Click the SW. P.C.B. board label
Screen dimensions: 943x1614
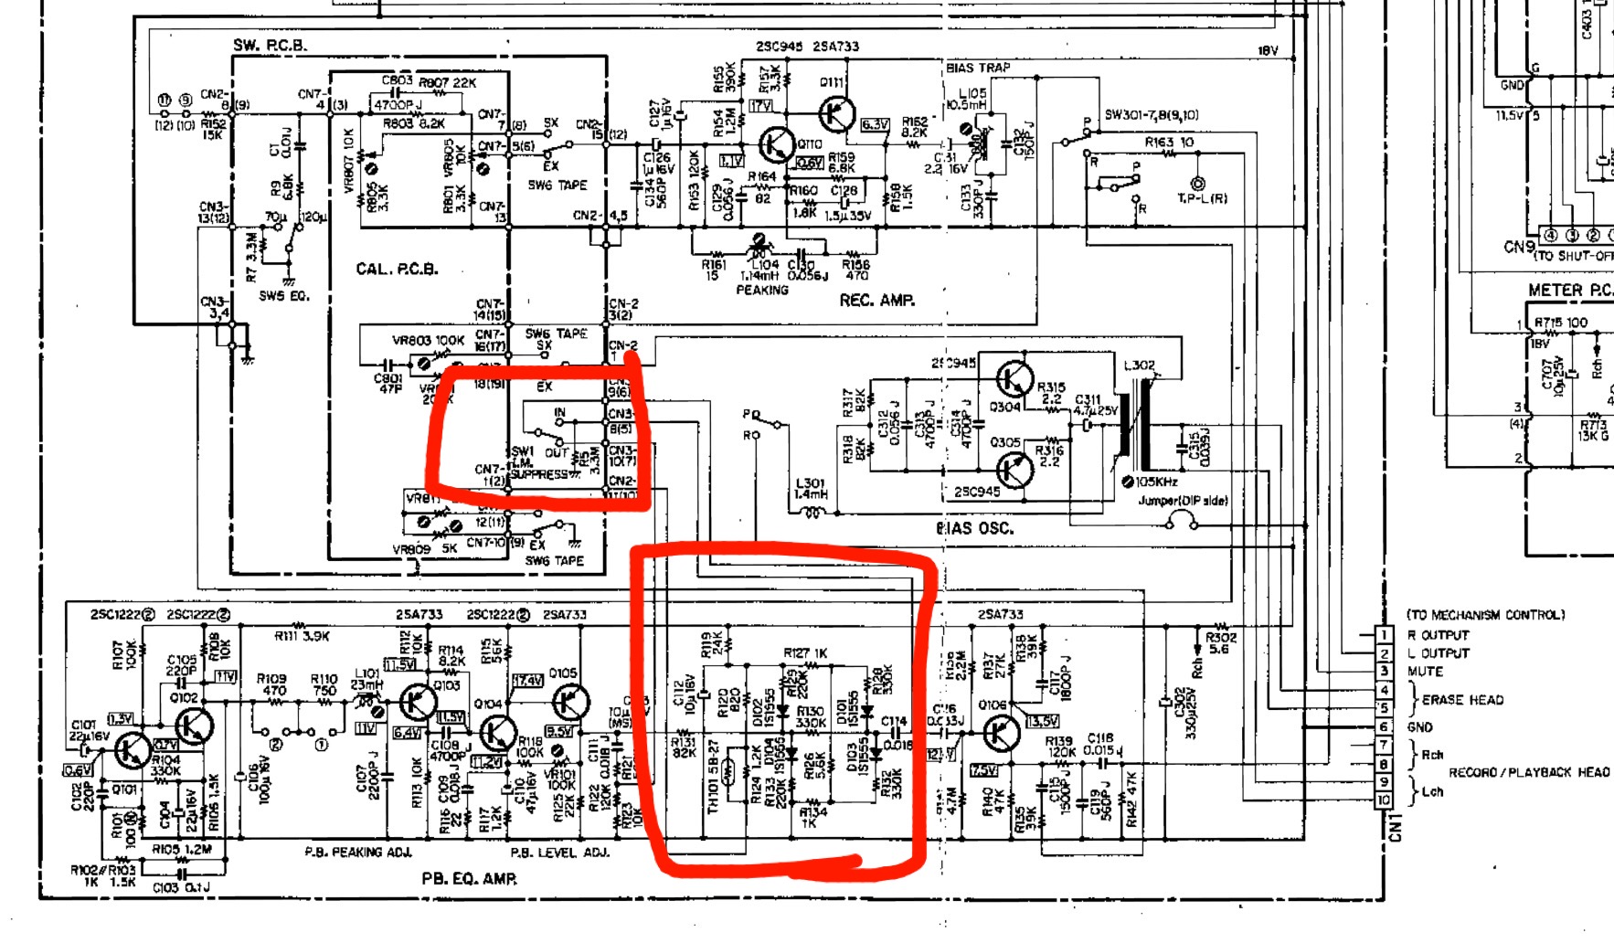click(270, 45)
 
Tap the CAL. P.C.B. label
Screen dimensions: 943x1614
click(397, 269)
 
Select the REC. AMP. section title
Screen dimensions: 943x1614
click(876, 300)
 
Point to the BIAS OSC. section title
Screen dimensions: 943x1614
click(974, 528)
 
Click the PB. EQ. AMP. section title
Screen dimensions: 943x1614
click(469, 879)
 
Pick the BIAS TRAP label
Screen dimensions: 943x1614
click(978, 68)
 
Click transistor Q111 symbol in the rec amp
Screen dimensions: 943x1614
click(835, 113)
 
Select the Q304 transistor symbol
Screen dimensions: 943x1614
click(1014, 379)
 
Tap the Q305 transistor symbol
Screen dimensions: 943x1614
click(1014, 470)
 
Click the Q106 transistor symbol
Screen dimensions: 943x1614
click(1001, 734)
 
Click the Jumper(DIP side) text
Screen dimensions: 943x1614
click(1183, 501)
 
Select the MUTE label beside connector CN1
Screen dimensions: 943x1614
click(1425, 672)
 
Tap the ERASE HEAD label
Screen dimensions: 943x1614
click(1462, 700)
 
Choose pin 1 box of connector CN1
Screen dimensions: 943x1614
click(1385, 634)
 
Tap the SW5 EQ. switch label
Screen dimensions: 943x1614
click(284, 296)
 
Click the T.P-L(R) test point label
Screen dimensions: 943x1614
click(1202, 198)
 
